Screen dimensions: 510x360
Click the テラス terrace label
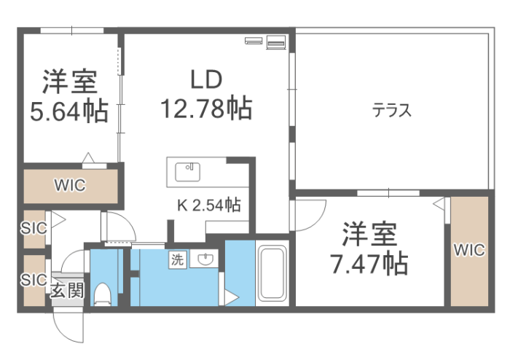tap(392, 110)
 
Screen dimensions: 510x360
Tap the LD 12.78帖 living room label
tap(206, 94)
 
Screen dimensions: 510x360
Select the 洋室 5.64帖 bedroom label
tap(69, 96)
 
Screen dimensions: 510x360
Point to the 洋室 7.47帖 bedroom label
tap(369, 249)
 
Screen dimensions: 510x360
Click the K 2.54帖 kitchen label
tap(209, 205)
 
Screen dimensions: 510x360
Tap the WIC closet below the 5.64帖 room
tap(71, 186)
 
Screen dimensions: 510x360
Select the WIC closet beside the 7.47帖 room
tap(469, 251)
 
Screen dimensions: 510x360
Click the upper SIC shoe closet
tap(34, 229)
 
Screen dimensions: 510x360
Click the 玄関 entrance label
tap(67, 291)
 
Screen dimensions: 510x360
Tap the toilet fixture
tap(103, 294)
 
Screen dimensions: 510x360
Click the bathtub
tap(272, 273)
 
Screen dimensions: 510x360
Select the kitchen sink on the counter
tap(188, 172)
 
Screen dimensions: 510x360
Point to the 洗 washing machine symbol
tap(178, 259)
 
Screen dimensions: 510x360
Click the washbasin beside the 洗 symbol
tap(205, 259)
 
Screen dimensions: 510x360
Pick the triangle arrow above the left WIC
tap(88, 157)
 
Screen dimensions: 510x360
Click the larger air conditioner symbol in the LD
tap(276, 42)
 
